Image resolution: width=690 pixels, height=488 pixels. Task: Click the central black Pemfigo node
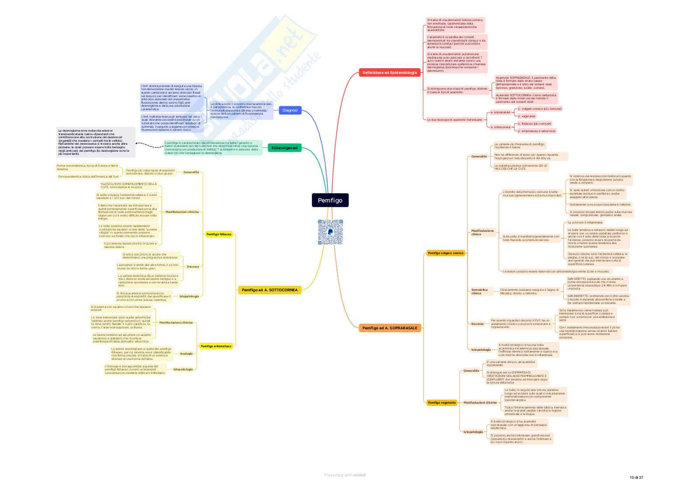click(330, 200)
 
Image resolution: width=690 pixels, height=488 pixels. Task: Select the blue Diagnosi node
click(290, 110)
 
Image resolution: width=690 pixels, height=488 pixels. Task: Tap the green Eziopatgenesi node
click(284, 148)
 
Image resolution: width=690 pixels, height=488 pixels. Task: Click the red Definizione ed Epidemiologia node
click(389, 73)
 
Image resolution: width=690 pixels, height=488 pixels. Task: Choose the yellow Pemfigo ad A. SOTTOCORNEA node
click(270, 290)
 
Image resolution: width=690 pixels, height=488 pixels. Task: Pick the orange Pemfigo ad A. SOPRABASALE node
click(390, 328)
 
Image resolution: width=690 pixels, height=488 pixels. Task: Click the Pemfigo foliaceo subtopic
click(219, 234)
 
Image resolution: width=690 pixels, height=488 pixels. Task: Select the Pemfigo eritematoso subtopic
click(216, 346)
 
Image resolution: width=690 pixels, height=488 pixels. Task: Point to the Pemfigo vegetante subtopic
click(442, 403)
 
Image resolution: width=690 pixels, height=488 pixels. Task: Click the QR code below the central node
click(330, 232)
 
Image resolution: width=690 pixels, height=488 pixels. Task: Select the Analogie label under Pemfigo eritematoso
click(186, 354)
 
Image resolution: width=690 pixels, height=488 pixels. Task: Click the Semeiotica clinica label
click(479, 291)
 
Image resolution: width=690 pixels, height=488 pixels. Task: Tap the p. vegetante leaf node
click(527, 116)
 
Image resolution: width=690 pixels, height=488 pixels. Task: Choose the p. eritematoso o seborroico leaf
click(537, 131)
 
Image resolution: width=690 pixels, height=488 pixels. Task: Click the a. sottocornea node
click(500, 127)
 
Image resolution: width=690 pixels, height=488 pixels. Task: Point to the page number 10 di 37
click(636, 478)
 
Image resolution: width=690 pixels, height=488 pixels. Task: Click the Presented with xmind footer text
click(344, 475)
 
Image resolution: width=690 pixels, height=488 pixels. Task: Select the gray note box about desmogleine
click(96, 142)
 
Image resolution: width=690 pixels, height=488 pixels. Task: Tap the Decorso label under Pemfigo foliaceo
click(193, 267)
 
